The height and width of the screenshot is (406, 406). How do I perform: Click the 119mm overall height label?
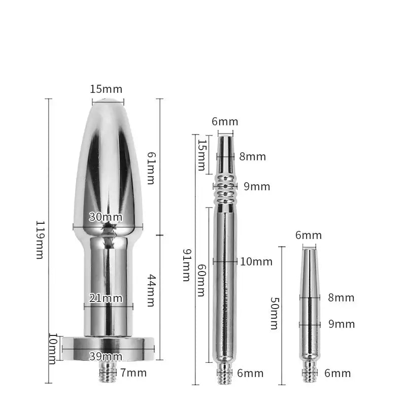tap(39, 240)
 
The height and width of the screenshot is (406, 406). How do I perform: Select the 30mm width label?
tap(106, 217)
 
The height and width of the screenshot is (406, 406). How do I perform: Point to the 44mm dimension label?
tap(150, 290)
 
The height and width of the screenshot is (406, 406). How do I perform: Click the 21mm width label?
tap(106, 298)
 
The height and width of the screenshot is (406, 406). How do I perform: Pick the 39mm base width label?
tap(106, 356)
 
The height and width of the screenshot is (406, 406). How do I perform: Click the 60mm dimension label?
tap(201, 280)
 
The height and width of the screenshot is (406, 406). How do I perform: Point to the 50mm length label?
tap(274, 313)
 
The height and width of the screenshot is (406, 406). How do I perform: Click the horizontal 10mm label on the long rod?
tap(256, 262)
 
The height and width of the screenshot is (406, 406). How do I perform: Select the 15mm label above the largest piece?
tap(106, 89)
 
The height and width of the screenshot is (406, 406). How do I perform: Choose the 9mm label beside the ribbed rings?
tap(257, 187)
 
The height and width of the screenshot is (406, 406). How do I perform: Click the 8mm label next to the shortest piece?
tap(341, 298)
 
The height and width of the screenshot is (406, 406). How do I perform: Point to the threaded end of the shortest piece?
tap(310, 374)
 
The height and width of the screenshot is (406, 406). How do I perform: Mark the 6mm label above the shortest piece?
tap(309, 235)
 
